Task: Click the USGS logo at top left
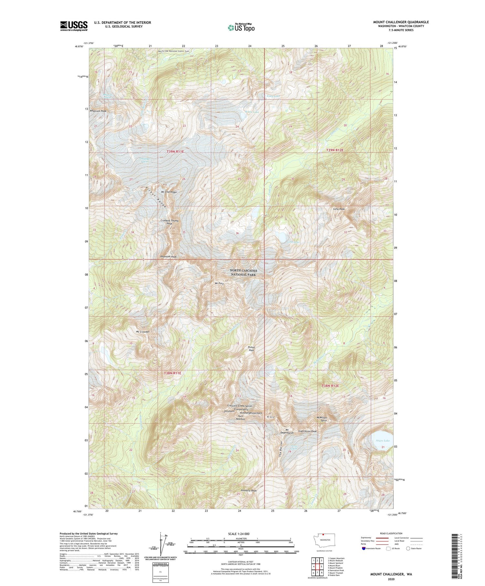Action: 74,26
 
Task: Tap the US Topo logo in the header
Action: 241,28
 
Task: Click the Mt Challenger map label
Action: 169,192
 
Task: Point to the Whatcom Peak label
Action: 98,111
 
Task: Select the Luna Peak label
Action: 339,209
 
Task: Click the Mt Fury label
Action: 219,283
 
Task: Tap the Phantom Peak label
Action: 168,257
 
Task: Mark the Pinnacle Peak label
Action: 249,491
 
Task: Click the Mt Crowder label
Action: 142,332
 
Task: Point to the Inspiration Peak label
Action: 307,431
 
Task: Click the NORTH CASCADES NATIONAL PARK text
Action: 243,272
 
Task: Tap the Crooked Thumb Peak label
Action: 169,222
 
